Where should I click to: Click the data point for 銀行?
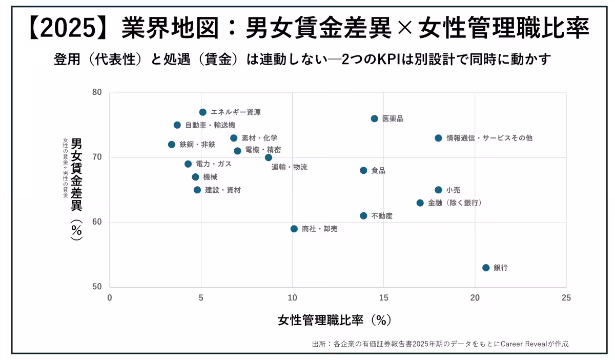(486, 268)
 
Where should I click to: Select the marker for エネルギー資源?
(203, 112)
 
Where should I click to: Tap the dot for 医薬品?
(374, 118)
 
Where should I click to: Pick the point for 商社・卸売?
(294, 229)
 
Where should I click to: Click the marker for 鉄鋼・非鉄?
(172, 145)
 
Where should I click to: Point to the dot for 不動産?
(363, 216)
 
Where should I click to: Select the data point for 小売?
(438, 190)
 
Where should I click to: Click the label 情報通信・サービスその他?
(489, 138)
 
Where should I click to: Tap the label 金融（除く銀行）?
(455, 203)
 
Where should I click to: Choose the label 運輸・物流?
(290, 167)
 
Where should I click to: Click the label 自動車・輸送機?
(210, 125)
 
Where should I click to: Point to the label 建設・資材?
(223, 190)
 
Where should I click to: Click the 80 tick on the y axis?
(97, 93)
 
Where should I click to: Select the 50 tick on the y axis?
(97, 287)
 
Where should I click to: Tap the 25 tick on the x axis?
(566, 298)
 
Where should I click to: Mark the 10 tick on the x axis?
(292, 298)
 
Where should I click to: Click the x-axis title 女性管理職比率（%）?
(335, 321)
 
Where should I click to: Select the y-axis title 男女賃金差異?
(76, 174)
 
